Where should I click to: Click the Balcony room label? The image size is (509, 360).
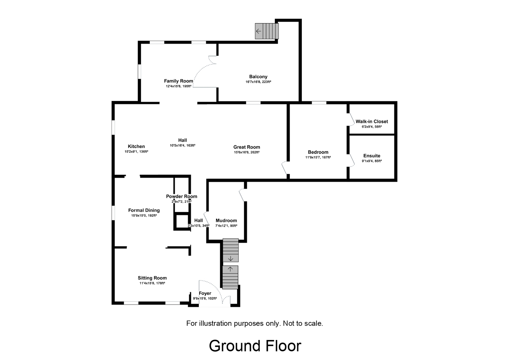(x=258, y=77)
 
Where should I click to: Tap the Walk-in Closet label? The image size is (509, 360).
(x=372, y=122)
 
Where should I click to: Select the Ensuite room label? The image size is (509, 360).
(x=372, y=156)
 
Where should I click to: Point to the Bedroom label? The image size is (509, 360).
(x=318, y=152)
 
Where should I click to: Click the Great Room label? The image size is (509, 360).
(x=246, y=147)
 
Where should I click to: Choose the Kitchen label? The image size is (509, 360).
(x=136, y=146)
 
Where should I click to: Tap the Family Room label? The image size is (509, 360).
(x=178, y=81)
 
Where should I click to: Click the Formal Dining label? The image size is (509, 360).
(x=144, y=210)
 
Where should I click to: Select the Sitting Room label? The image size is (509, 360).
(x=152, y=278)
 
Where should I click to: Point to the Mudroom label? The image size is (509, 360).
(x=226, y=221)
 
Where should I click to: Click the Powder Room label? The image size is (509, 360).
(x=181, y=197)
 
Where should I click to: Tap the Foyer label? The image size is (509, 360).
(x=205, y=294)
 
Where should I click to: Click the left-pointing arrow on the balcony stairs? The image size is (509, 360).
(x=259, y=31)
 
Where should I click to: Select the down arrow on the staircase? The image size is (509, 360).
(x=230, y=259)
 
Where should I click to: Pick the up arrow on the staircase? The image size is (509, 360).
(x=230, y=269)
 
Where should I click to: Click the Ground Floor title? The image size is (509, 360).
(x=255, y=346)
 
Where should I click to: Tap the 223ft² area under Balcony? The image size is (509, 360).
(x=266, y=82)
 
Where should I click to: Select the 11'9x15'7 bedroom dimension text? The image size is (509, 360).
(x=312, y=157)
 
